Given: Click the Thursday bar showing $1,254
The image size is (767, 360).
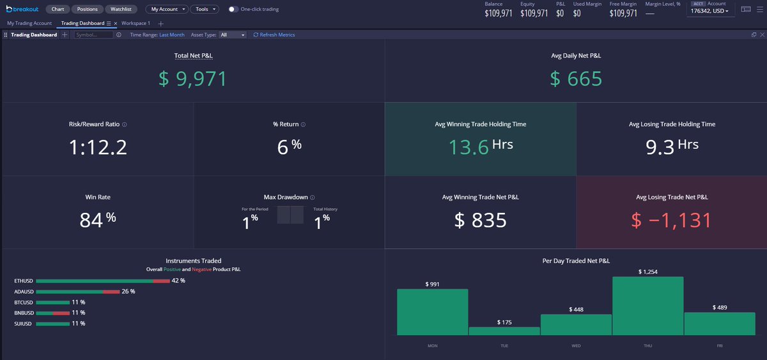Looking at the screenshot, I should (x=647, y=306).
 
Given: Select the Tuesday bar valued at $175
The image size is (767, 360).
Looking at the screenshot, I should (x=504, y=331).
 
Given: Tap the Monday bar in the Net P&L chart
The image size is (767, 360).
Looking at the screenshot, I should (x=432, y=312).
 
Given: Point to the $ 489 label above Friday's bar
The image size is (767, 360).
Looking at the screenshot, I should (x=719, y=308).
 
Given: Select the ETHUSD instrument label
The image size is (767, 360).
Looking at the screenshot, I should (x=23, y=281).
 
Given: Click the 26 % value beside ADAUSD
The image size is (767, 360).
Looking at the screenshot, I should (x=128, y=292).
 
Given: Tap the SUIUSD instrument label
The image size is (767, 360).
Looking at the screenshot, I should (x=23, y=324).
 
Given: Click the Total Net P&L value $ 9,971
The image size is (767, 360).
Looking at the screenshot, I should (x=192, y=79).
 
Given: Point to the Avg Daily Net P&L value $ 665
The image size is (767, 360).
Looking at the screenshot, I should (x=576, y=79).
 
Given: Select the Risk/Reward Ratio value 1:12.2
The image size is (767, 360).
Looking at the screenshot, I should (x=98, y=148).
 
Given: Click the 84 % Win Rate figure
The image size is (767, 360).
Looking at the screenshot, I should (x=98, y=219).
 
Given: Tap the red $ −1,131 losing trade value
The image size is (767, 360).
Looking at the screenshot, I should (x=671, y=220).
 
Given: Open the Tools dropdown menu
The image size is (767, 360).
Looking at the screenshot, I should (x=205, y=10).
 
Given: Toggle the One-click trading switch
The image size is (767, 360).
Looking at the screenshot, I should (x=233, y=10).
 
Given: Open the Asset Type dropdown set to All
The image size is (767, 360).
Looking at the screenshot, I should (x=232, y=35).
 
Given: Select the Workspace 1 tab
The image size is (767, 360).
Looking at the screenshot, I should (x=136, y=23).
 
